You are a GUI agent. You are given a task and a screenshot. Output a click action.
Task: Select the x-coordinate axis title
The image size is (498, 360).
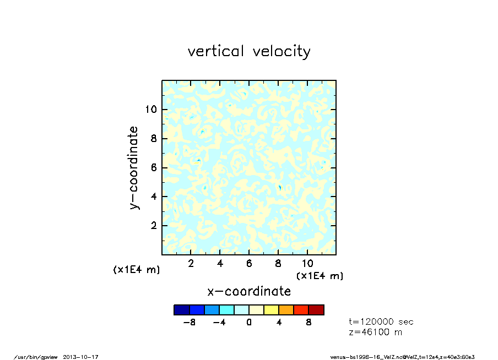[249, 291]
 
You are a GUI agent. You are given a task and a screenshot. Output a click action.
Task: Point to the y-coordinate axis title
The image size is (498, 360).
[133, 168]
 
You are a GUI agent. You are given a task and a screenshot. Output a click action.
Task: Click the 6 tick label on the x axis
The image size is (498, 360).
[249, 263]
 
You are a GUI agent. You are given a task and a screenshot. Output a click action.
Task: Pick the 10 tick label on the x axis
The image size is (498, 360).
[307, 263]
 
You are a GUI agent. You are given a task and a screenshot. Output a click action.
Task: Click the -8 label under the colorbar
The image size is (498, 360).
[190, 323]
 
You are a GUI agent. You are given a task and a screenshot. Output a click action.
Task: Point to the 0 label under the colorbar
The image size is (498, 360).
[249, 323]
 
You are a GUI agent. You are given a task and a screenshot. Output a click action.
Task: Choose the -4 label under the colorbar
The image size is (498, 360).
[219, 323]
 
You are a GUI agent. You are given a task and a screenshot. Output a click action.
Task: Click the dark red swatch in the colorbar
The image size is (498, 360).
[316, 310]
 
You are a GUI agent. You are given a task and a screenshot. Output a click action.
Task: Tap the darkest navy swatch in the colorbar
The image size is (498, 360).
[182, 310]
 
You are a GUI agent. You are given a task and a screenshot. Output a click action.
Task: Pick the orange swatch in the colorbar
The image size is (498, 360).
[286, 310]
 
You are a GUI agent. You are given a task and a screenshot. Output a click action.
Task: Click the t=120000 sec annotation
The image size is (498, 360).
[381, 322]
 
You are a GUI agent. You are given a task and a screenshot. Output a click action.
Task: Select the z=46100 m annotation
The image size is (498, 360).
[376, 332]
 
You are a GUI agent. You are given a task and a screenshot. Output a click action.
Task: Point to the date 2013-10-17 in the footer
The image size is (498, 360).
[85, 357]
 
